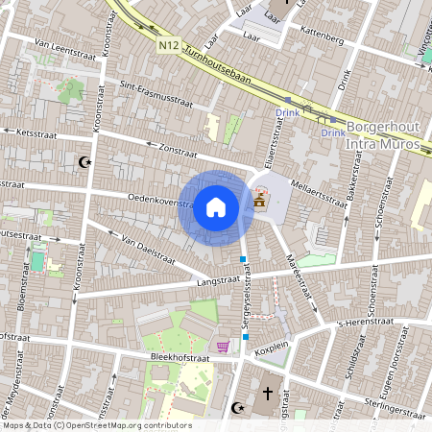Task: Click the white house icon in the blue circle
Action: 216,206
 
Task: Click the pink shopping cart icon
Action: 223,347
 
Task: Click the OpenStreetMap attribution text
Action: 96,424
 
